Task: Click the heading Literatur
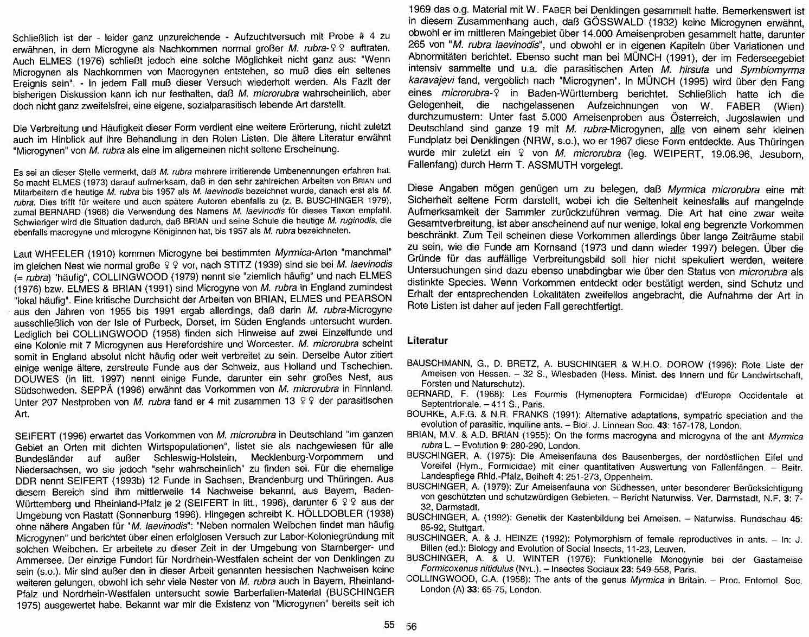(x=427, y=341)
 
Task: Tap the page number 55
(x=389, y=625)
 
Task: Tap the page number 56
(x=412, y=626)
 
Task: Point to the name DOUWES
(x=34, y=378)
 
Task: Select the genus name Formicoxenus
(x=446, y=569)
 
